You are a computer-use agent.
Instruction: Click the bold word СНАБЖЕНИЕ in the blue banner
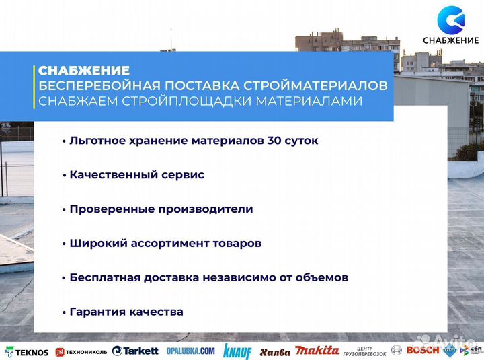click(x=84, y=71)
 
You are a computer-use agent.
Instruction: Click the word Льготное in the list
click(x=95, y=141)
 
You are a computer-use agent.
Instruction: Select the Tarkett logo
click(x=135, y=351)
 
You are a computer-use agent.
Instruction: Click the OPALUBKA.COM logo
click(x=191, y=351)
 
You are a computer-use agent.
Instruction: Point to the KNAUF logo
click(x=237, y=351)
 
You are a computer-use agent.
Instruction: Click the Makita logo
click(x=318, y=351)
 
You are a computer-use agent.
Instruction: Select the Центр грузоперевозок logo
click(x=365, y=351)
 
